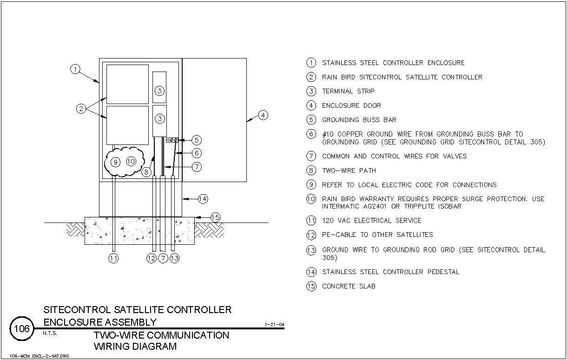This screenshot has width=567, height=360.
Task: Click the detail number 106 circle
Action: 22,328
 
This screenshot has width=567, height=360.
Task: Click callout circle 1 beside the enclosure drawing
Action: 75,69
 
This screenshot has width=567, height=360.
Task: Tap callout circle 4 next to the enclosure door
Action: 263,115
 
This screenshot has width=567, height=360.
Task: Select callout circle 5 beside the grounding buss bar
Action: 197,140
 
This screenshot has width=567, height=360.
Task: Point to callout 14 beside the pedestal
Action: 203,199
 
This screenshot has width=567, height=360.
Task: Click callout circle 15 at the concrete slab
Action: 215,217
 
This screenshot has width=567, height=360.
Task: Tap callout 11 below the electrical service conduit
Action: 113,258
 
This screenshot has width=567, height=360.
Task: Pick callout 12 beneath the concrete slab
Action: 152,258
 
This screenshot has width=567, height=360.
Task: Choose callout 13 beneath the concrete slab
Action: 175,258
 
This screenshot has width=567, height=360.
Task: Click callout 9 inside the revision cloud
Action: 115,162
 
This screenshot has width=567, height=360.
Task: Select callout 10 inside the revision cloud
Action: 131,161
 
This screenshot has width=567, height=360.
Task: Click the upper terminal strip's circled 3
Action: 159,91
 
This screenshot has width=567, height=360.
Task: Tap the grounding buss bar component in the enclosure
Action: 172,140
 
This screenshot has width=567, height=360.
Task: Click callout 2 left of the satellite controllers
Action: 81,109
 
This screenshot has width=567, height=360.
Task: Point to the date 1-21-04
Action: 274,324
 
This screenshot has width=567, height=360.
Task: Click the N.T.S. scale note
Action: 50,333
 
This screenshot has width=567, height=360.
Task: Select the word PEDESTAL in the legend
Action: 443,272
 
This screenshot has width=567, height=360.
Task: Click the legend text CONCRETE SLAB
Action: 349,287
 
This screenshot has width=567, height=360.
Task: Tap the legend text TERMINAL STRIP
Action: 348,91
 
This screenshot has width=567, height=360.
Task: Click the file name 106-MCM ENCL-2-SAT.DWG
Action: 39,356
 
